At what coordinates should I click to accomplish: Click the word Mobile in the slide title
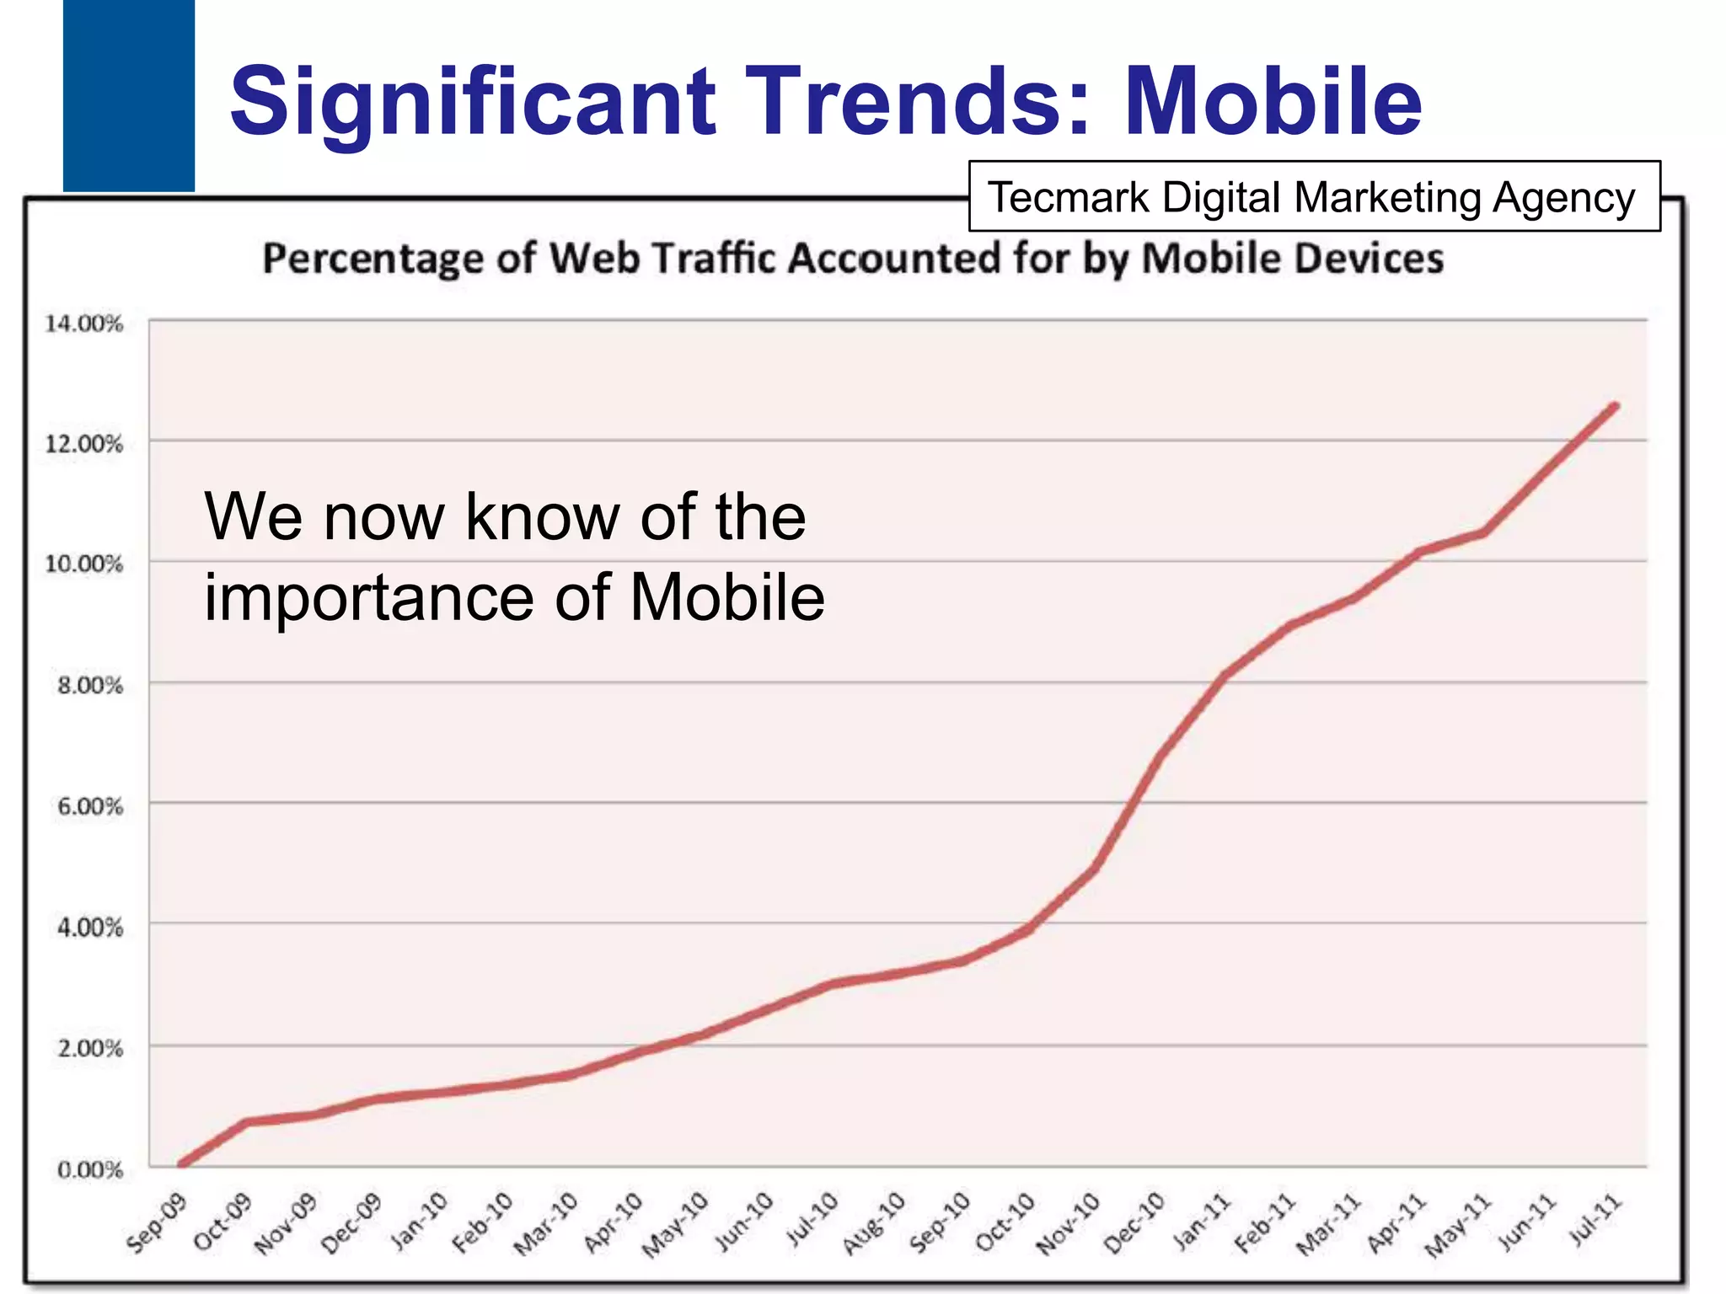[1273, 101]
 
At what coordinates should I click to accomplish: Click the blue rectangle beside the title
[128, 94]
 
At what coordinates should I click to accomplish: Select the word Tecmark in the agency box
[1069, 198]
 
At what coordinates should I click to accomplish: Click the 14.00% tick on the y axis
[83, 323]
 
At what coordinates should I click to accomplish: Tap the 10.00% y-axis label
[83, 564]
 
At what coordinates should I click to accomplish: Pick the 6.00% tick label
[89, 806]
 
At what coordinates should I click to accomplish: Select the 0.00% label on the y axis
[89, 1169]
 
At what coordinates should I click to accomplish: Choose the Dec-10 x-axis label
[1134, 1223]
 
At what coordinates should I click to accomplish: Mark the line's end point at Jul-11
[1615, 407]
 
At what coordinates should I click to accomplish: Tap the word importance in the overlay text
[368, 597]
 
